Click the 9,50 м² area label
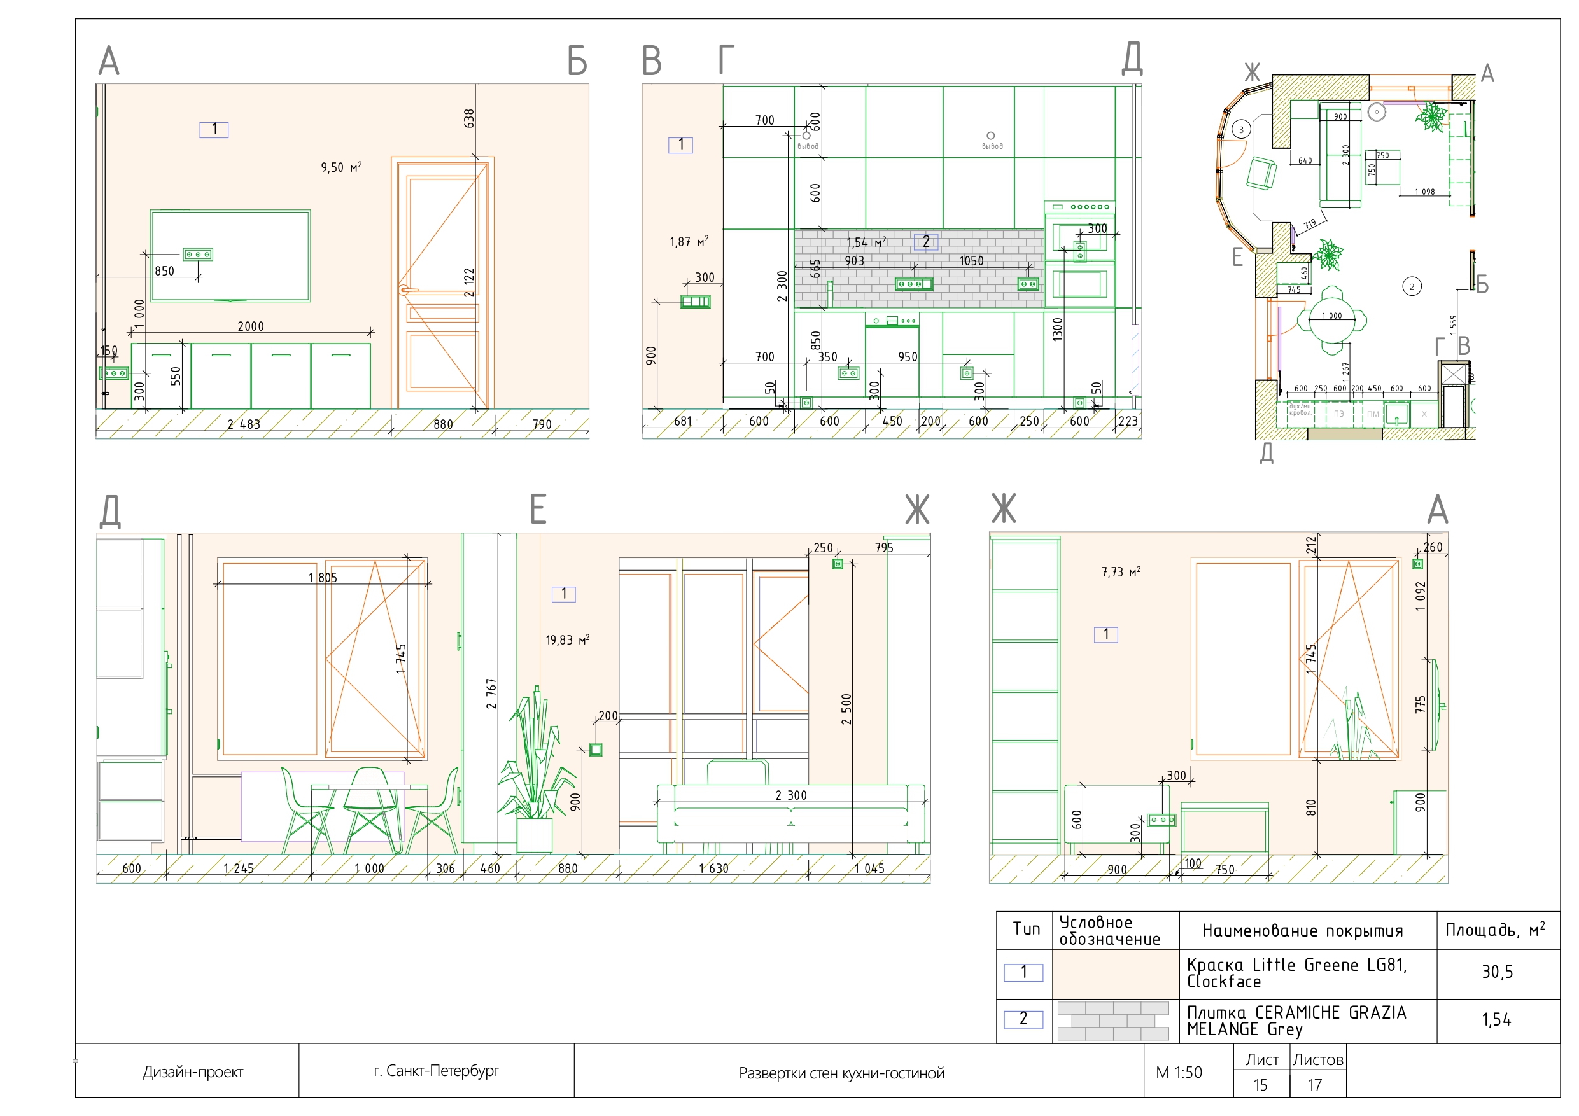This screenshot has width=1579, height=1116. (x=341, y=167)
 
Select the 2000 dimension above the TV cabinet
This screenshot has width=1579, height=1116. (x=250, y=326)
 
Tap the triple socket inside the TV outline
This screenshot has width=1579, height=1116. (x=197, y=255)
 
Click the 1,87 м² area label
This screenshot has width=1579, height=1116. (x=689, y=242)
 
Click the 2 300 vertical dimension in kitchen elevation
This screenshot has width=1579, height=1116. (x=782, y=286)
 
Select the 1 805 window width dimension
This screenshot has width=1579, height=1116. (x=323, y=578)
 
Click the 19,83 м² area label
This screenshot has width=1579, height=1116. (x=567, y=640)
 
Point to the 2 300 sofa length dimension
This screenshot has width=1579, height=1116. (x=791, y=795)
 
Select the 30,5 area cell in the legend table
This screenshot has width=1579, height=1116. (x=1497, y=972)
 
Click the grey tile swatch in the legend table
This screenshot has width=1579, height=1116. (x=1113, y=1021)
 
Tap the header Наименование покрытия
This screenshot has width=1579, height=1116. (x=1302, y=931)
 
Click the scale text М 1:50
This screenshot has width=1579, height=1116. (x=1179, y=1073)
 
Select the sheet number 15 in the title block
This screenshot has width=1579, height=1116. (x=1260, y=1085)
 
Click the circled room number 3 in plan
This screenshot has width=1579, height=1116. (x=1241, y=129)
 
